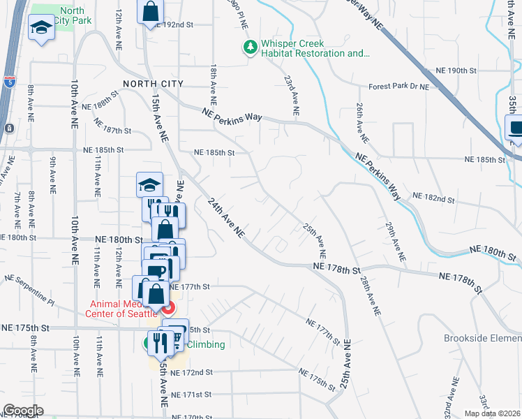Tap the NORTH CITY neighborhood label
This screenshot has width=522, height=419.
pos(153,84)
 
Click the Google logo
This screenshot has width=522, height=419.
pos(23,411)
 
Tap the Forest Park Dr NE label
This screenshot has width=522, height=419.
pos(399,87)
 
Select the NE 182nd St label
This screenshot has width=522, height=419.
pos(433,199)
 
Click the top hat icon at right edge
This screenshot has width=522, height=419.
pos(515,128)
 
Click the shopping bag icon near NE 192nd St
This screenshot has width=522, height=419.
pos(150,11)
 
